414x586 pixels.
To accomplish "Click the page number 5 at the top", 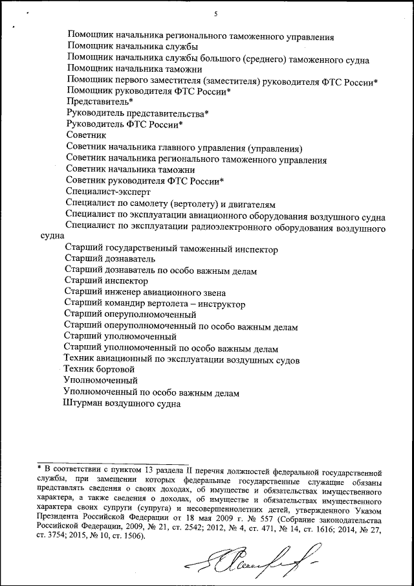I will (x=216, y=14).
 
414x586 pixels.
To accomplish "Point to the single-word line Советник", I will (x=86, y=135).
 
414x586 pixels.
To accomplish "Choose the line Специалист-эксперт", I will (x=108, y=192).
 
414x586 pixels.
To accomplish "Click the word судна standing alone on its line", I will (x=51, y=237).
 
